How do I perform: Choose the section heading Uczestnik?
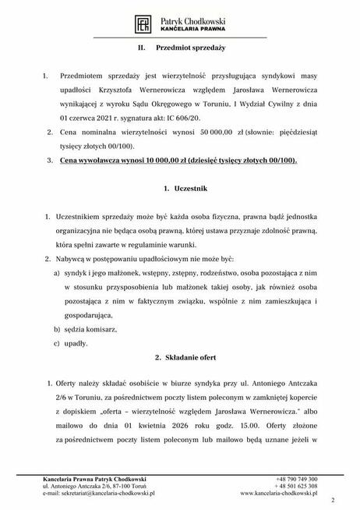pyautogui.click(x=185, y=189)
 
